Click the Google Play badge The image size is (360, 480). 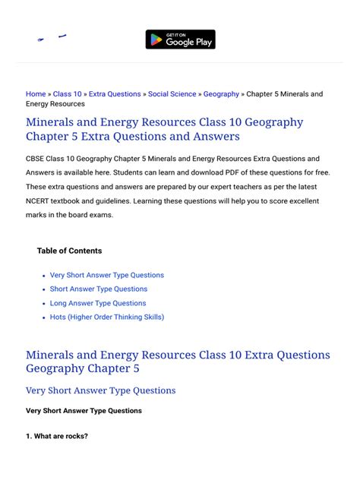coord(180,39)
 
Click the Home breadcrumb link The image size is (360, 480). coord(36,94)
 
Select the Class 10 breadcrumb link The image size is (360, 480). coord(68,94)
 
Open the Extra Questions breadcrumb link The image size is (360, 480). coord(115,94)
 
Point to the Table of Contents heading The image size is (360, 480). coord(69,251)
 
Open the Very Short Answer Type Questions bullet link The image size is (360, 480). coord(106,275)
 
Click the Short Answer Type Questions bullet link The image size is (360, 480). coord(99,289)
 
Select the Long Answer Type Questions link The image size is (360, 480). coord(98,303)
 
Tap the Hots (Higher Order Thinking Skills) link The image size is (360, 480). coord(106,317)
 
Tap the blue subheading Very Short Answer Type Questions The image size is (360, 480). coord(100,390)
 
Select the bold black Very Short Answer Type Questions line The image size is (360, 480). coord(84,411)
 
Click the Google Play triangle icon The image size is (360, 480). coord(156,39)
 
